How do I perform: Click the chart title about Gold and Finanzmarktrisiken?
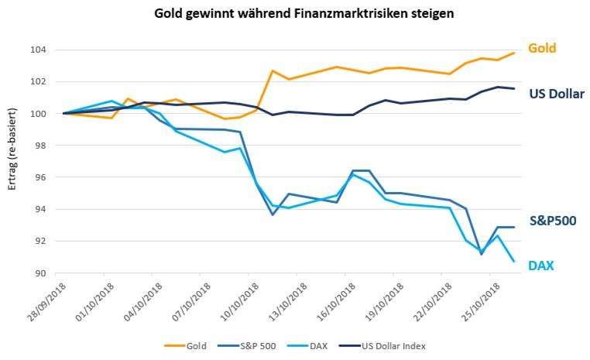[x=293, y=13]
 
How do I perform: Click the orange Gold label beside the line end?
[x=542, y=48]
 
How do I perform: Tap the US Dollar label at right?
[x=556, y=94]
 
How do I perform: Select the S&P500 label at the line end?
[x=552, y=221]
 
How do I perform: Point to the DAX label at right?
[x=541, y=265]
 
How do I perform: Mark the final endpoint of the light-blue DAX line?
[x=514, y=261]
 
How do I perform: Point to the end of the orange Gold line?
[x=514, y=53]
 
